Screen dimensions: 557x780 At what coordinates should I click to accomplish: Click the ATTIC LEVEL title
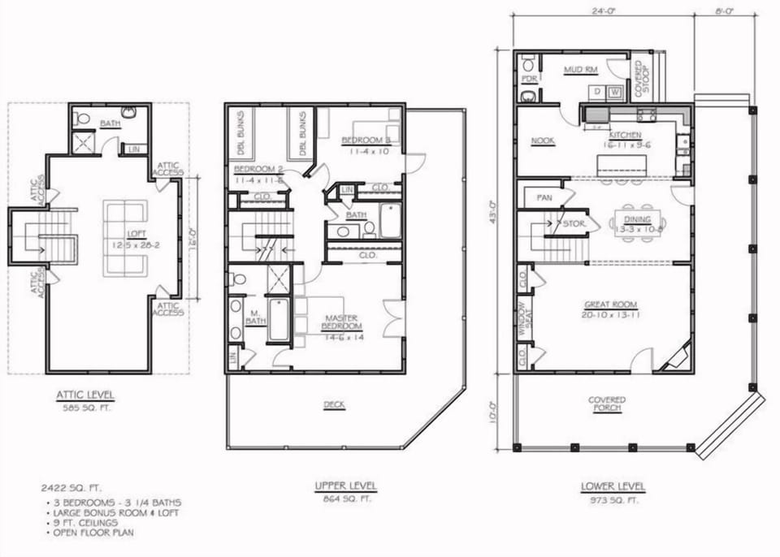85,395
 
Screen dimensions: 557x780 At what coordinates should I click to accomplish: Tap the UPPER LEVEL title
345,486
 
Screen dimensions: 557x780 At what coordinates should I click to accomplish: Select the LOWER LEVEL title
613,486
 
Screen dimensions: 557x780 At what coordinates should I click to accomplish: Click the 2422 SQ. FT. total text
71,489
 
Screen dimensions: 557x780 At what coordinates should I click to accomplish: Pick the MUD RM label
581,70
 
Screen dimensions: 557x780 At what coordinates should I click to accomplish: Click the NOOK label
542,140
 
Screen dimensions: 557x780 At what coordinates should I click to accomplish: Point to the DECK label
334,404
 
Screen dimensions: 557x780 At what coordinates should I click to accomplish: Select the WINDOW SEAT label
524,317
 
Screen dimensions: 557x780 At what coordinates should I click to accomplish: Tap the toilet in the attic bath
83,119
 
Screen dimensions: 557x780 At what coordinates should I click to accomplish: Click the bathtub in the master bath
279,320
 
